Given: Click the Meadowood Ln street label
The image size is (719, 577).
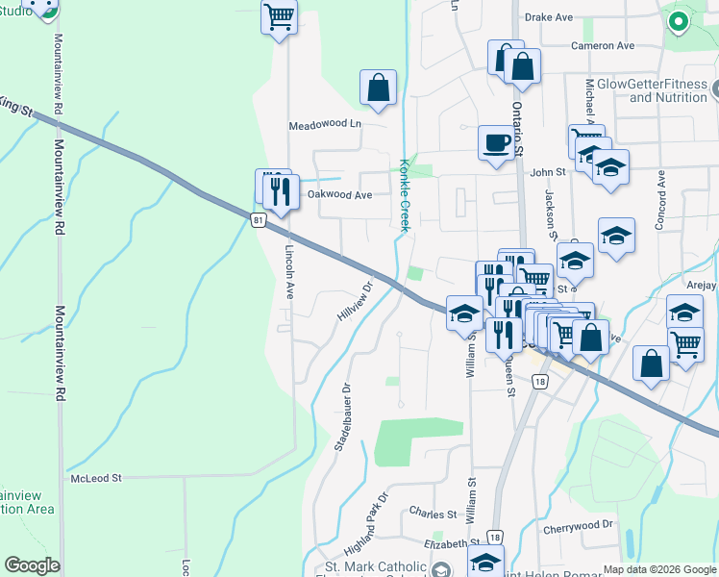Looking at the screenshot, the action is pyautogui.click(x=325, y=125).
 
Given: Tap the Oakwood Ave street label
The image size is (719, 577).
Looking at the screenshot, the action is pyautogui.click(x=339, y=194).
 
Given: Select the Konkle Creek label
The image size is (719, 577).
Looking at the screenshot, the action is pyautogui.click(x=405, y=195).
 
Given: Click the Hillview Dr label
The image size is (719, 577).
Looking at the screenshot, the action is pyautogui.click(x=354, y=302).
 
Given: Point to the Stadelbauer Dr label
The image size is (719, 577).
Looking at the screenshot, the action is pyautogui.click(x=341, y=418).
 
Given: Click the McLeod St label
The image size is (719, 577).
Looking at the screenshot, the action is pyautogui.click(x=96, y=477).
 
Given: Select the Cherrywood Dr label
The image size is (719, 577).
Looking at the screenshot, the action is pyautogui.click(x=577, y=525).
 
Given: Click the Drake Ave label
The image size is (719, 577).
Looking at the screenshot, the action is pyautogui.click(x=549, y=17).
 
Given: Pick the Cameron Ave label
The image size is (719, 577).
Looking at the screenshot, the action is pyautogui.click(x=603, y=45).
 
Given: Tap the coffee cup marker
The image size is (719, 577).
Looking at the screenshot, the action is pyautogui.click(x=496, y=142).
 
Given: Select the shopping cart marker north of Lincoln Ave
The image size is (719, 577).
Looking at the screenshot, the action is pyautogui.click(x=279, y=16).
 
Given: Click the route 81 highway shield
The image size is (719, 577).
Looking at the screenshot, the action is pyautogui.click(x=258, y=221).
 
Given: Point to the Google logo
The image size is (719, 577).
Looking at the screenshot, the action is pyautogui.click(x=32, y=565).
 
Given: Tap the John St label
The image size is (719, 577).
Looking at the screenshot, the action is pyautogui.click(x=548, y=172).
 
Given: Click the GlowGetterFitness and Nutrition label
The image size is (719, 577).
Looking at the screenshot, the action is pyautogui.click(x=653, y=90).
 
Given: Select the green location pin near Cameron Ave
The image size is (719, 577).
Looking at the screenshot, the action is pyautogui.click(x=678, y=19).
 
